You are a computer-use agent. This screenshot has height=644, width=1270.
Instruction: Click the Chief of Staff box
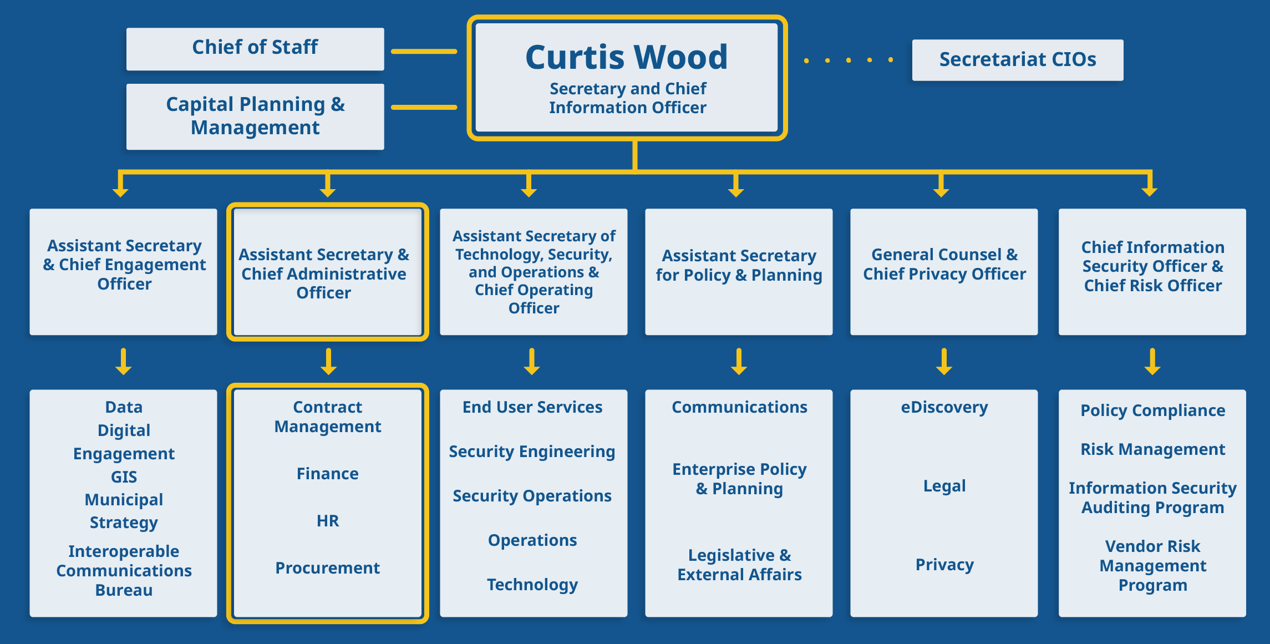(255, 48)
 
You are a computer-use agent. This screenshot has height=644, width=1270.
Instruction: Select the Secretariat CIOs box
(1017, 59)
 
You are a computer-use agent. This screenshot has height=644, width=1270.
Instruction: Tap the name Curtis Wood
(626, 57)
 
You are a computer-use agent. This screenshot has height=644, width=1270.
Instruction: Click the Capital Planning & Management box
(255, 116)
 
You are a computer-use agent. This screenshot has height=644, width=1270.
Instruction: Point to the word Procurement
(327, 568)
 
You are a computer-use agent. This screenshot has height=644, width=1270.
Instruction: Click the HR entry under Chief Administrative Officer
(327, 521)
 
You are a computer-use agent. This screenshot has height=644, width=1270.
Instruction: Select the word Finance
(327, 474)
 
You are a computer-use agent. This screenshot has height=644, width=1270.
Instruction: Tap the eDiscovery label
(944, 408)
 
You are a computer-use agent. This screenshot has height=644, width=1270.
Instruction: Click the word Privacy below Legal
(944, 565)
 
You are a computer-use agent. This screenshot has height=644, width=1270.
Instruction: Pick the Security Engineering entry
(532, 452)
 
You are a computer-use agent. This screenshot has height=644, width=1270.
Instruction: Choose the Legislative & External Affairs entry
(739, 565)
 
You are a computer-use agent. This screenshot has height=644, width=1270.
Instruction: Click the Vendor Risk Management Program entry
(1152, 566)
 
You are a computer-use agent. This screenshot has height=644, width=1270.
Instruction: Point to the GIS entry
(124, 477)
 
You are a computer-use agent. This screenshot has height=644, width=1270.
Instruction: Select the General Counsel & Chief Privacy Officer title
(944, 265)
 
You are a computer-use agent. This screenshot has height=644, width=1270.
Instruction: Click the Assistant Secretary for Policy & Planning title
(739, 265)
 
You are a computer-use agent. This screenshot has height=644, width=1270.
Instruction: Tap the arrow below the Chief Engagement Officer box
(123, 362)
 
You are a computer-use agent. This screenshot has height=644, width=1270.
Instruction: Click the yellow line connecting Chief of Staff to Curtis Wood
(424, 52)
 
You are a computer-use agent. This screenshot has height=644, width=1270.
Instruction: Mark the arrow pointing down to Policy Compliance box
(1152, 362)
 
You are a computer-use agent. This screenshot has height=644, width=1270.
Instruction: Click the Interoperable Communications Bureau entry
(124, 571)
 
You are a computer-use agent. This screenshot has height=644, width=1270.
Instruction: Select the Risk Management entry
(1152, 449)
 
